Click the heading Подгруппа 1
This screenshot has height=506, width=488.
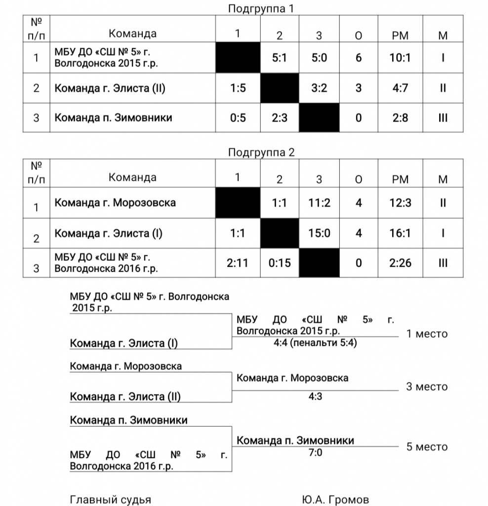[x=261, y=8]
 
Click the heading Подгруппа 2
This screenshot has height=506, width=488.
[x=261, y=152]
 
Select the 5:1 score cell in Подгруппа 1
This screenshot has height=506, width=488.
[x=280, y=58]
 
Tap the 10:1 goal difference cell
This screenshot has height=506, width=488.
[x=400, y=58]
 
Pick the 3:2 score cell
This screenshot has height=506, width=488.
[x=320, y=88]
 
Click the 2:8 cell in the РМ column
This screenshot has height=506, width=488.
[x=400, y=118]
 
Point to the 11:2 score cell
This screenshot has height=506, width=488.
[x=320, y=203]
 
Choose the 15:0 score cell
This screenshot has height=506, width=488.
[x=320, y=233]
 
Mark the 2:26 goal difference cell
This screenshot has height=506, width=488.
[x=400, y=263]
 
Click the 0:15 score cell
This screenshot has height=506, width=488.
[x=280, y=263]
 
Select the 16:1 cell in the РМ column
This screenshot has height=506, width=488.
[x=400, y=233]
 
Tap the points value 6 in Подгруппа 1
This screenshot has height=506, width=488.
[x=359, y=58]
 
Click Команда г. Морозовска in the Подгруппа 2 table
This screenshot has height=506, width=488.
[x=115, y=203]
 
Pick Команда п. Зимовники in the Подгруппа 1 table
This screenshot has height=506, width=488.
[x=113, y=118]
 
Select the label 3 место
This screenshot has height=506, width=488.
[x=427, y=386]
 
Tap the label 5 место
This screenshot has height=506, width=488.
[x=427, y=447]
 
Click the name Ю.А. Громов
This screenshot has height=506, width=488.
[x=335, y=500]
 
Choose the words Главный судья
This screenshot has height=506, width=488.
[x=111, y=500]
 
